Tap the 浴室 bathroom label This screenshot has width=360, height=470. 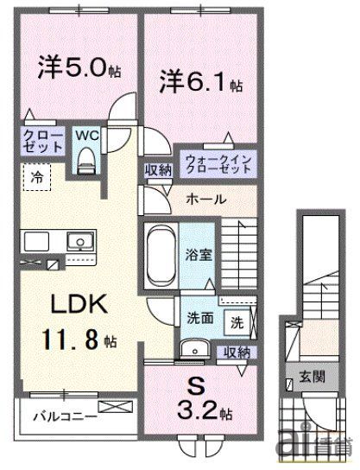tap(197, 257)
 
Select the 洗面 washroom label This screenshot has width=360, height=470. tap(199, 317)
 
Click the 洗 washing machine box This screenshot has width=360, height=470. tap(236, 323)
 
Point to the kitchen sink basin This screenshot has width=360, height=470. tap(79, 239)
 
